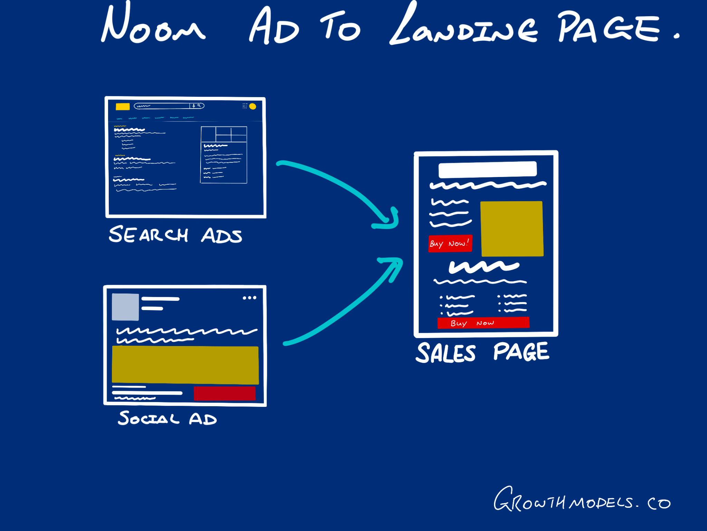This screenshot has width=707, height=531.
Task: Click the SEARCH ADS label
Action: (x=175, y=235)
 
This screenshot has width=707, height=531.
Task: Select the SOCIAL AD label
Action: (x=167, y=418)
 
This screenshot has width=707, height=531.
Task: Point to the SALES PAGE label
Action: (x=482, y=353)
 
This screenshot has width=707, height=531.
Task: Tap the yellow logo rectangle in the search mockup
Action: (x=123, y=106)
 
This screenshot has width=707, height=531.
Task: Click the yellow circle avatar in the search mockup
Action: (x=253, y=106)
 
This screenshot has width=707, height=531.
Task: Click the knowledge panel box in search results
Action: (x=224, y=155)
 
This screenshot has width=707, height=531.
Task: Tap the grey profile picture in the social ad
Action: (x=125, y=307)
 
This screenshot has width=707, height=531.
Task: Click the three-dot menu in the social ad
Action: (x=249, y=298)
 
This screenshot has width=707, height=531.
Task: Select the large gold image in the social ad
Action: (x=185, y=365)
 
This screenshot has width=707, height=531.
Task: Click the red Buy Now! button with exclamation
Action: (x=450, y=244)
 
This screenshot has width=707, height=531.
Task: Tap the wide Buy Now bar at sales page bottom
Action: (x=483, y=323)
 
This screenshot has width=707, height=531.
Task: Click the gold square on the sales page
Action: (x=512, y=229)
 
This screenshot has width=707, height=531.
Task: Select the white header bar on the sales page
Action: (x=487, y=169)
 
